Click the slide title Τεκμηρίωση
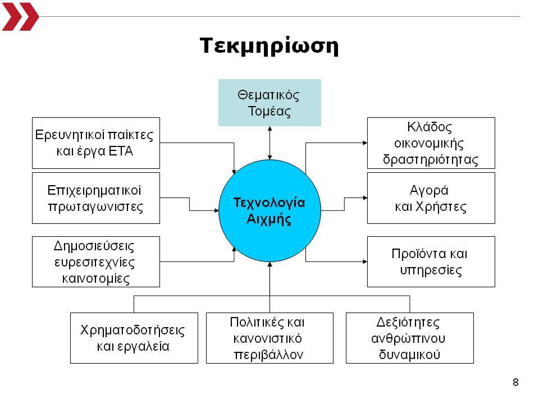pos(269,46)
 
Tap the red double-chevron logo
pos(20,16)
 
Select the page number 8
pos(515,382)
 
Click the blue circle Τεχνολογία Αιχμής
pos(270,210)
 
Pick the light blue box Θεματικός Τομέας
pos(270,103)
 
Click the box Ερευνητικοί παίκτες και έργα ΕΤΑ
pos(96,143)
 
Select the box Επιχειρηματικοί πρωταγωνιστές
pos(96,198)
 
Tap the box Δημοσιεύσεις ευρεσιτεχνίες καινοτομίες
pos(96,262)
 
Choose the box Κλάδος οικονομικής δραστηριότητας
pos(431,143)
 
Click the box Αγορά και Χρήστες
pos(431,198)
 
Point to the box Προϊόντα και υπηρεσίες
pos(431,262)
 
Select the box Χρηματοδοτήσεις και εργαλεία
pos(134,338)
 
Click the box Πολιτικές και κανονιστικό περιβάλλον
pos(270,338)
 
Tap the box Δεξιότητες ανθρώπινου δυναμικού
pos(410,338)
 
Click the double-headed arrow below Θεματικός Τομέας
pos(270,143)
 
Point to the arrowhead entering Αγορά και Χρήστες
pos(365,198)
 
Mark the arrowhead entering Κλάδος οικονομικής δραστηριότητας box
pos(365,143)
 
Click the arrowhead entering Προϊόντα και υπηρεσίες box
pos(365,262)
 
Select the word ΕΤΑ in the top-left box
pos(121,151)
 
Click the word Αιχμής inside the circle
pos(269,219)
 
